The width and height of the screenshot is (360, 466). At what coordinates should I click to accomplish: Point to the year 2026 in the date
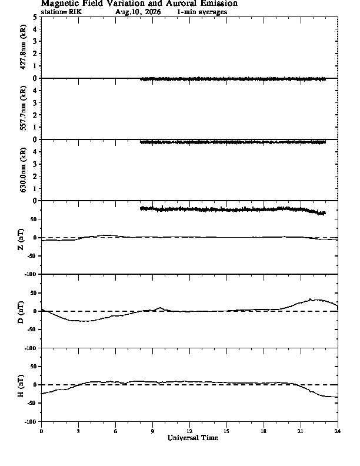(x=152, y=12)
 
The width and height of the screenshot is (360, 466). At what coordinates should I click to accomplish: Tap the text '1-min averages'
(x=202, y=12)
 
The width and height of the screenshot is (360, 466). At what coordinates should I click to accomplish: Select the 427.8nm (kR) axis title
(x=23, y=47)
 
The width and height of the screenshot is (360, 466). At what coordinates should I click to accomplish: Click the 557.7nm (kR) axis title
(x=23, y=108)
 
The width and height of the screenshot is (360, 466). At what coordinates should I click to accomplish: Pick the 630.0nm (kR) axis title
(x=23, y=169)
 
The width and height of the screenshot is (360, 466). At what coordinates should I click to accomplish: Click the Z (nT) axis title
(x=21, y=239)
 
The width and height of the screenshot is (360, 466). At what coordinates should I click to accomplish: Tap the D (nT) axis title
(x=21, y=312)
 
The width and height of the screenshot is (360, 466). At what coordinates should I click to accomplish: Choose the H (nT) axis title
(x=21, y=386)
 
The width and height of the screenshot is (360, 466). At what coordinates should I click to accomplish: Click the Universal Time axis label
(x=193, y=438)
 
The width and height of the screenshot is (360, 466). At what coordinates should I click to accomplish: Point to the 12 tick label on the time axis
(x=189, y=431)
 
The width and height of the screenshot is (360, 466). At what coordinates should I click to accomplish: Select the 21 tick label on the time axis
(x=301, y=431)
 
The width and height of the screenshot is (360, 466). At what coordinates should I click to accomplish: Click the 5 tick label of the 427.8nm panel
(x=35, y=17)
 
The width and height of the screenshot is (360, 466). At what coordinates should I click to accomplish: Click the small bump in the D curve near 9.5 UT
(x=161, y=308)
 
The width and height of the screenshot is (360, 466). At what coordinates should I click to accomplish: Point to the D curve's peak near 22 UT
(x=310, y=299)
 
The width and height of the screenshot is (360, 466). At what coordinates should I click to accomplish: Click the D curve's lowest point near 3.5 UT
(x=83, y=321)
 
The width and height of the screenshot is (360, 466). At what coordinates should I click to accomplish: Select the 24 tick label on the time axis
(x=338, y=431)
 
